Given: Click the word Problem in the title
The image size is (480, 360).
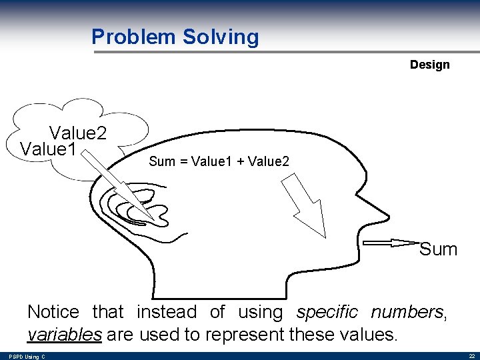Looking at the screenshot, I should pyautogui.click(x=133, y=37).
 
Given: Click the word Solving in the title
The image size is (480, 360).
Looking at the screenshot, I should pyautogui.click(x=219, y=37).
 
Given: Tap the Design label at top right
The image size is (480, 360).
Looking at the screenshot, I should pyautogui.click(x=429, y=65).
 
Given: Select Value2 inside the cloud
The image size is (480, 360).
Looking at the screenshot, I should pyautogui.click(x=78, y=133).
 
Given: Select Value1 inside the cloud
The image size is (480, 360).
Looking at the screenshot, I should pyautogui.click(x=48, y=149).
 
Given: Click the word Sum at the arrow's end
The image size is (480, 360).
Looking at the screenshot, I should pyautogui.click(x=438, y=249).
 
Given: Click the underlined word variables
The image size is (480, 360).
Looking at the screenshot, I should pyautogui.click(x=64, y=335).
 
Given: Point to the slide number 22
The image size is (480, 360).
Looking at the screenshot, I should pyautogui.click(x=471, y=357).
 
